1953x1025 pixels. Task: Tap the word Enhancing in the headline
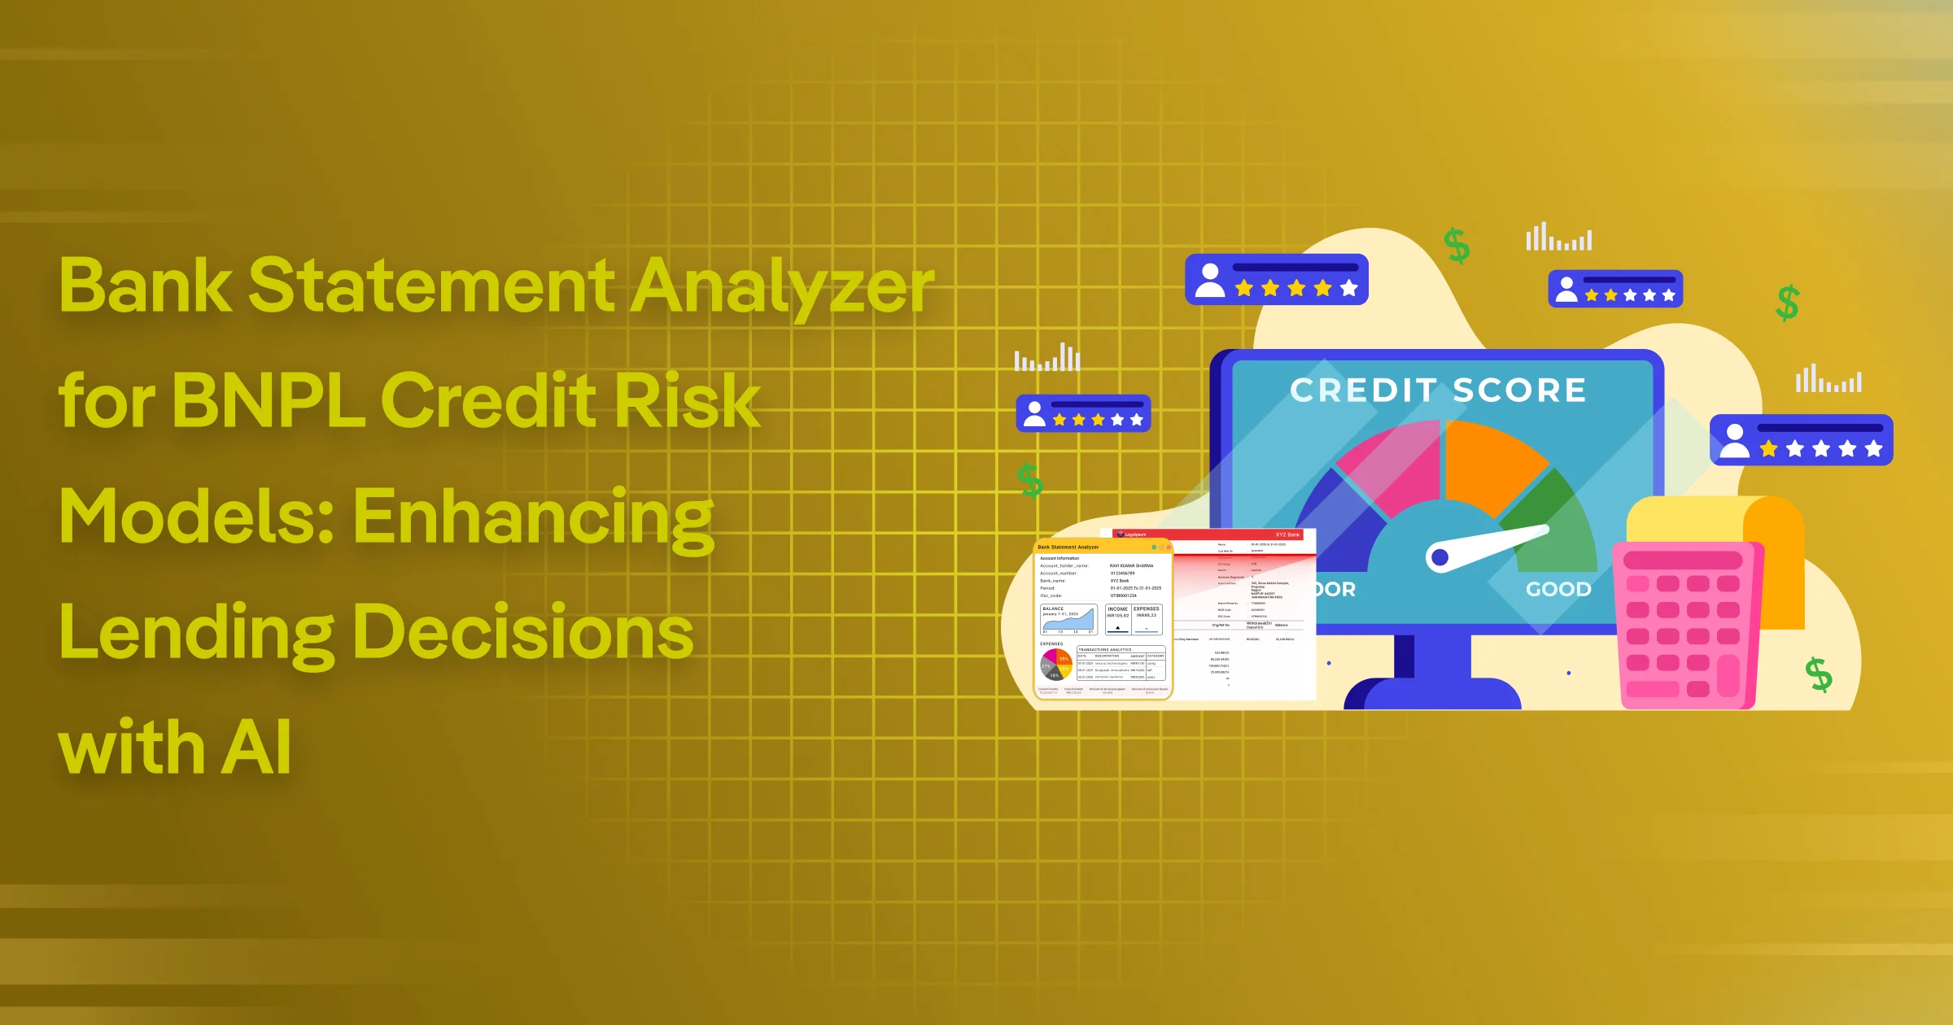point(533,517)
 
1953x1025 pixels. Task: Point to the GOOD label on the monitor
point(1558,589)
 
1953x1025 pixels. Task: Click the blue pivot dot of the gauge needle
point(1440,557)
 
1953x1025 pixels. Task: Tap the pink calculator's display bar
point(1682,560)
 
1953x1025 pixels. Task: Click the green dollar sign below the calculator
point(1818,674)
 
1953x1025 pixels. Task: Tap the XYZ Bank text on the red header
point(1287,534)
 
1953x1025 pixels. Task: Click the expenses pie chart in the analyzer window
point(1055,665)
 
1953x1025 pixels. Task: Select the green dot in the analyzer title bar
point(1154,547)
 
